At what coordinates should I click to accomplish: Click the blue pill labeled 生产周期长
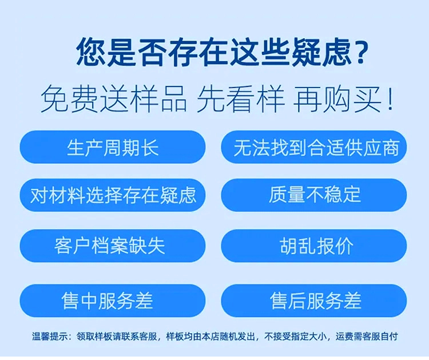(113, 147)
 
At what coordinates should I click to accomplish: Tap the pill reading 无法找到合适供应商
(314, 147)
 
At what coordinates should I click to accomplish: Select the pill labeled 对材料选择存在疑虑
(113, 195)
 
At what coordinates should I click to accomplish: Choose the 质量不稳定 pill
(314, 195)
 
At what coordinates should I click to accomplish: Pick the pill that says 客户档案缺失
(113, 246)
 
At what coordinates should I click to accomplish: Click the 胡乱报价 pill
(314, 246)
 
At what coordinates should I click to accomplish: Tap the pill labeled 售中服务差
(113, 300)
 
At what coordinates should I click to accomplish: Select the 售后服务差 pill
(314, 300)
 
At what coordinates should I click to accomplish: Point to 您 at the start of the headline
(90, 52)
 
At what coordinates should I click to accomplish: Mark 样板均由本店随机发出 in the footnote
(210, 336)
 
